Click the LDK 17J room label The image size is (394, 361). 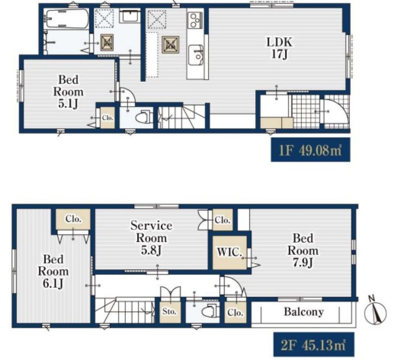click(279, 48)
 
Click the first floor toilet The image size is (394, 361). click(144, 117)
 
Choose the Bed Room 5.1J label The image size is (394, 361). click(68, 92)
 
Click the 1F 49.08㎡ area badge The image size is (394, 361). click(310, 150)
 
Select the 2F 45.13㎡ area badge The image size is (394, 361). click(314, 344)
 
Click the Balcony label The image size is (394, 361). click(304, 312)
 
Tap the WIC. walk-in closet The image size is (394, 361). click(229, 253)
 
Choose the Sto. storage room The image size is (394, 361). click(170, 312)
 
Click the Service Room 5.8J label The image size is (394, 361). click(151, 238)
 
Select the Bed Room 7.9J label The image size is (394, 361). click(303, 251)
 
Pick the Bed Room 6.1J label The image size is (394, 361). click(53, 271)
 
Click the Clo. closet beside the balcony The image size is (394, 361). click(236, 312)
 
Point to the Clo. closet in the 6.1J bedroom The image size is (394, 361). click(73, 219)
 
